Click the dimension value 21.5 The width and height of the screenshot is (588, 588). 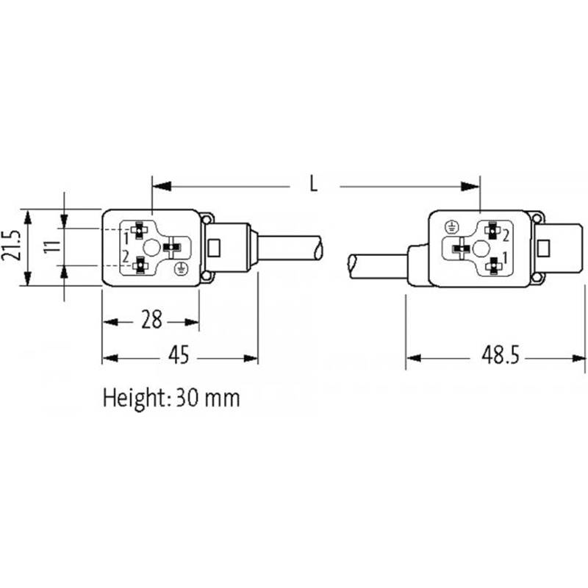pyautogui.click(x=10, y=246)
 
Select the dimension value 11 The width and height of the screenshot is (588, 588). pyautogui.click(x=52, y=247)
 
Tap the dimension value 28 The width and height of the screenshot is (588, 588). pyautogui.click(x=151, y=320)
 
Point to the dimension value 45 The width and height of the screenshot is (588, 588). pyautogui.click(x=179, y=355)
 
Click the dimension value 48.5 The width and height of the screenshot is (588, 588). pyautogui.click(x=501, y=355)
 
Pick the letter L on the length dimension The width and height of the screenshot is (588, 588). pyautogui.click(x=314, y=184)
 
